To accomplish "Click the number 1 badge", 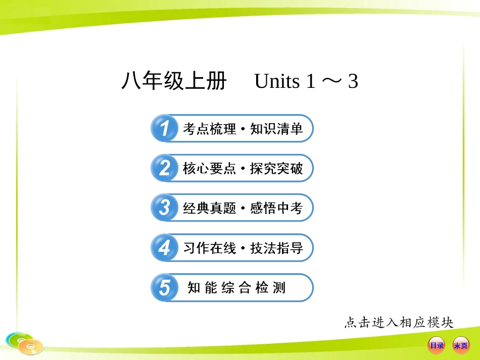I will [x=164, y=128].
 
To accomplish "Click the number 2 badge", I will [x=164, y=168].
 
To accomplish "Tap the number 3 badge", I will [x=164, y=208].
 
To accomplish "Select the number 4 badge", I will [x=164, y=247].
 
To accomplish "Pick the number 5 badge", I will [x=164, y=287].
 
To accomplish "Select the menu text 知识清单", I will [x=276, y=129].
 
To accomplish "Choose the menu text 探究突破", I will [x=276, y=169].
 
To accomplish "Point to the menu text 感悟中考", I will [x=276, y=208].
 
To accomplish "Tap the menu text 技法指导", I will [x=276, y=248].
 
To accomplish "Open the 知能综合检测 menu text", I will [x=236, y=288].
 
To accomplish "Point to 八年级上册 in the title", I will [x=174, y=81].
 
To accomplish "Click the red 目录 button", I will [x=436, y=345].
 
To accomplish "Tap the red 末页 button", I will [x=460, y=345].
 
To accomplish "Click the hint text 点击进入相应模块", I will [x=399, y=322].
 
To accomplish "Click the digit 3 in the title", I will [x=353, y=81].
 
